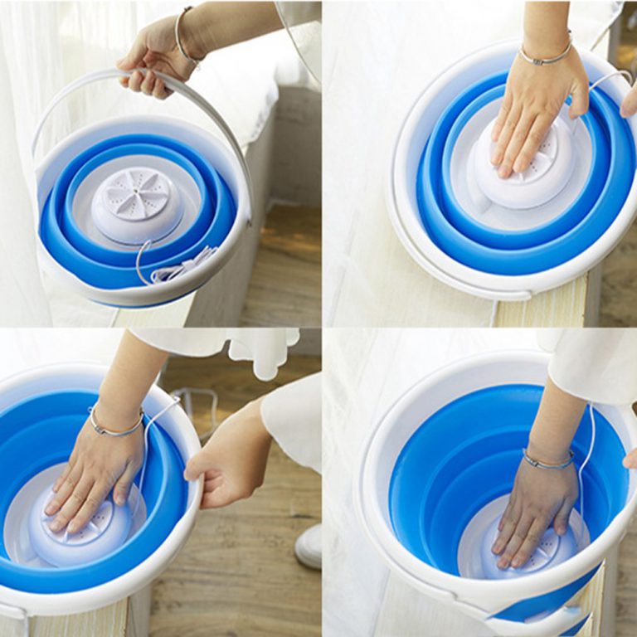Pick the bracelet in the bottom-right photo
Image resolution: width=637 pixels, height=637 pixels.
coord(547,460)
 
